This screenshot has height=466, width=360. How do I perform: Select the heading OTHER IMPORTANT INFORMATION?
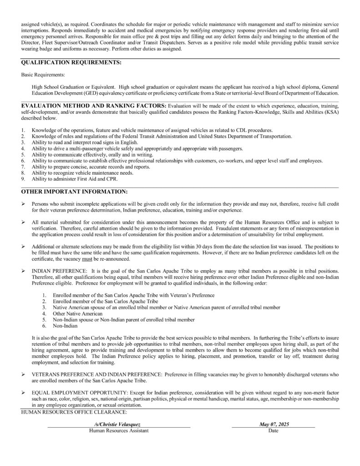(x=74, y=192)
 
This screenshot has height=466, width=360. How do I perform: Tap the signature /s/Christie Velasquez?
(x=119, y=424)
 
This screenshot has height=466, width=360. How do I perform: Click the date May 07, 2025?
(x=274, y=424)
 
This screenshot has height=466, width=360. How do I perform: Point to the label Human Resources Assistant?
(x=119, y=430)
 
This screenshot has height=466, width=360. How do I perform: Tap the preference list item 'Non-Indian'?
(x=65, y=325)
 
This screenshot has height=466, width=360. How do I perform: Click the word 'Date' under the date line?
(x=274, y=430)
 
